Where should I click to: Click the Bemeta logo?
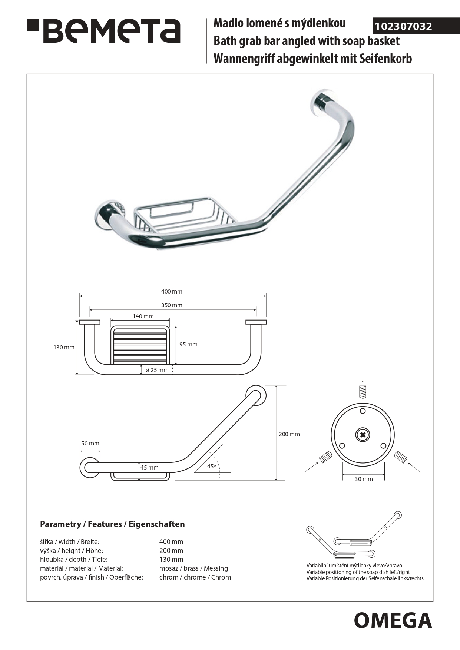[103, 31]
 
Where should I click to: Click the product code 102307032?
[403, 27]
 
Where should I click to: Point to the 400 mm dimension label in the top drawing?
[172, 292]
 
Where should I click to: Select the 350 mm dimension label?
[172, 305]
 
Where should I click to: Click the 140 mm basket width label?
[143, 316]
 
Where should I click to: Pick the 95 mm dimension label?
[188, 345]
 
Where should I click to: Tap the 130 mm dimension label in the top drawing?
[64, 348]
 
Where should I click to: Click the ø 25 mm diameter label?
[157, 370]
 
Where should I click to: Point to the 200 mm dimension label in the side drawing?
[289, 434]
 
